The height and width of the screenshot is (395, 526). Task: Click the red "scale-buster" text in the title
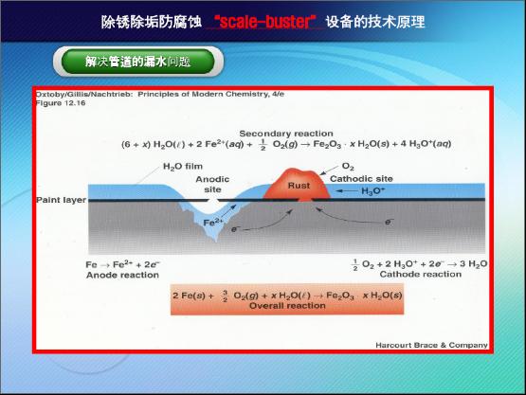264,22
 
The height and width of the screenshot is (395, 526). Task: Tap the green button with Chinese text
137,62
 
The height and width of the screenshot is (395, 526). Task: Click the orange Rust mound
298,185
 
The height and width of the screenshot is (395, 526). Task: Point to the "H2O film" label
183,167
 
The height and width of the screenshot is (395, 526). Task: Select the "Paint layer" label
61,200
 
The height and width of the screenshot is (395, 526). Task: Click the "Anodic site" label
212,184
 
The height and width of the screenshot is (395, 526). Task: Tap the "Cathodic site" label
361,179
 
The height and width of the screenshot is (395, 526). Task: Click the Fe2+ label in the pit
213,222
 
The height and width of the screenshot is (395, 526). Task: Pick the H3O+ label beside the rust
373,191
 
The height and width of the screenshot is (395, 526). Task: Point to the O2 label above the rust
348,167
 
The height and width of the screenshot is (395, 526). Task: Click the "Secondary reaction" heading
286,134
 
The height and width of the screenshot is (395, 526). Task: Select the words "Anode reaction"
122,275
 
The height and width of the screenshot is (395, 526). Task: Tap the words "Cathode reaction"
421,275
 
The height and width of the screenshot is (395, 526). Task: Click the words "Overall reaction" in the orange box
287,305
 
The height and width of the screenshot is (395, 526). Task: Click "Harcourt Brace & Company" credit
431,345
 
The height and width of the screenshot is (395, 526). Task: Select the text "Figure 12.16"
61,103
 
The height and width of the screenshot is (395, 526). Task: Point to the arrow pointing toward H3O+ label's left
347,191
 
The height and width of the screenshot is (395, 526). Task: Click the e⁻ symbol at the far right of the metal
389,222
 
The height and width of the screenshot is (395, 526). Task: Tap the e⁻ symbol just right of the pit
234,229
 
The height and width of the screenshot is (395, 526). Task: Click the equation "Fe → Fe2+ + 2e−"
123,264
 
